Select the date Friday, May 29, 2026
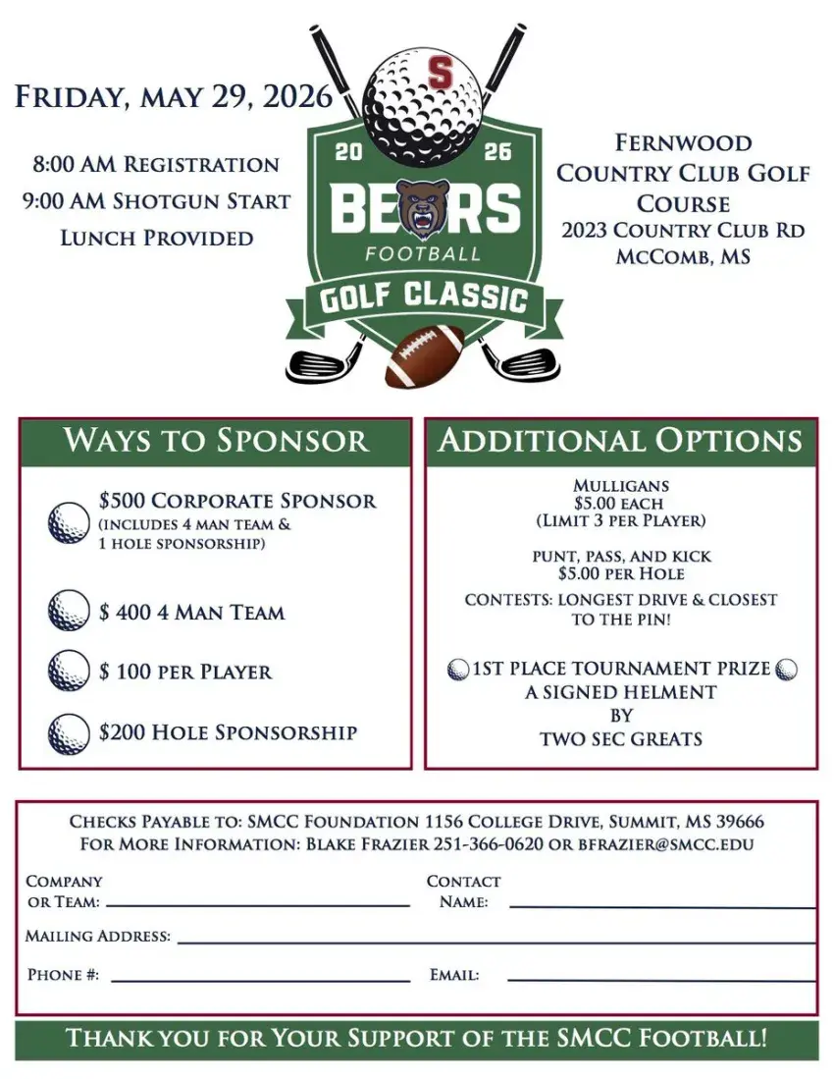click(174, 97)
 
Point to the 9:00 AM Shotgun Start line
click(156, 201)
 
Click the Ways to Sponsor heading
click(216, 440)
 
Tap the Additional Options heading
click(620, 440)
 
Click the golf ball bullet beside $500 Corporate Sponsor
click(69, 522)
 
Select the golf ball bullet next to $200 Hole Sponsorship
click(69, 733)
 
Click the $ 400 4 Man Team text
click(191, 613)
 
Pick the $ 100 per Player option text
click(185, 673)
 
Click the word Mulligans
click(620, 485)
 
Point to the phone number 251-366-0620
click(490, 844)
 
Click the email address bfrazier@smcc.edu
click(668, 844)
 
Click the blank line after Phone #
click(260, 979)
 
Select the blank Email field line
click(661, 979)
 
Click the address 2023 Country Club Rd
click(683, 231)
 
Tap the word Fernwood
click(683, 143)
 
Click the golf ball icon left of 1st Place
click(458, 670)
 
